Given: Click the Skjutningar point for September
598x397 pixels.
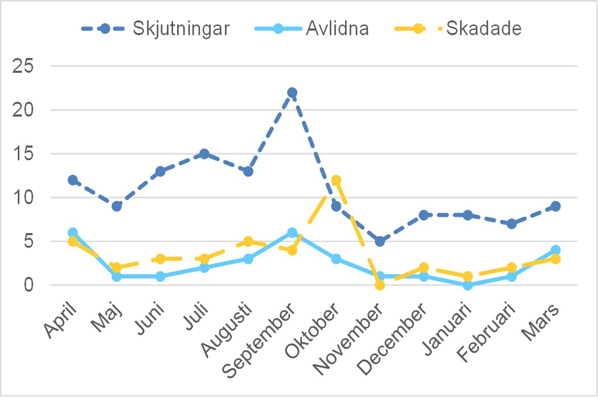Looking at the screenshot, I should tap(292, 93).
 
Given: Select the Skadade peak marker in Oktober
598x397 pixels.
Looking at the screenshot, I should tap(336, 180).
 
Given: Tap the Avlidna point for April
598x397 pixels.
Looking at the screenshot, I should tap(72, 233).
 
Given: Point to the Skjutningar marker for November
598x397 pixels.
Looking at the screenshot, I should tap(380, 242).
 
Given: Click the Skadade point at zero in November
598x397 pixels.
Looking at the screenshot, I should tap(380, 285).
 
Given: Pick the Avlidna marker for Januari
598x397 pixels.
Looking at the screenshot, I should tap(468, 285).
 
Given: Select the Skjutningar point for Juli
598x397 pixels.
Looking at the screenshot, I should tap(204, 154).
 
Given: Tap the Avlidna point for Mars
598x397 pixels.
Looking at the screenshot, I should tap(556, 250).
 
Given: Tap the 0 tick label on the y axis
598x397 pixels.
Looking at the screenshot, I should tap(30, 285).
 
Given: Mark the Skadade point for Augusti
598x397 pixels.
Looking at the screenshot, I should tap(248, 242).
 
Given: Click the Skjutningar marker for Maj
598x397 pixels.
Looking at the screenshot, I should tap(117, 206).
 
